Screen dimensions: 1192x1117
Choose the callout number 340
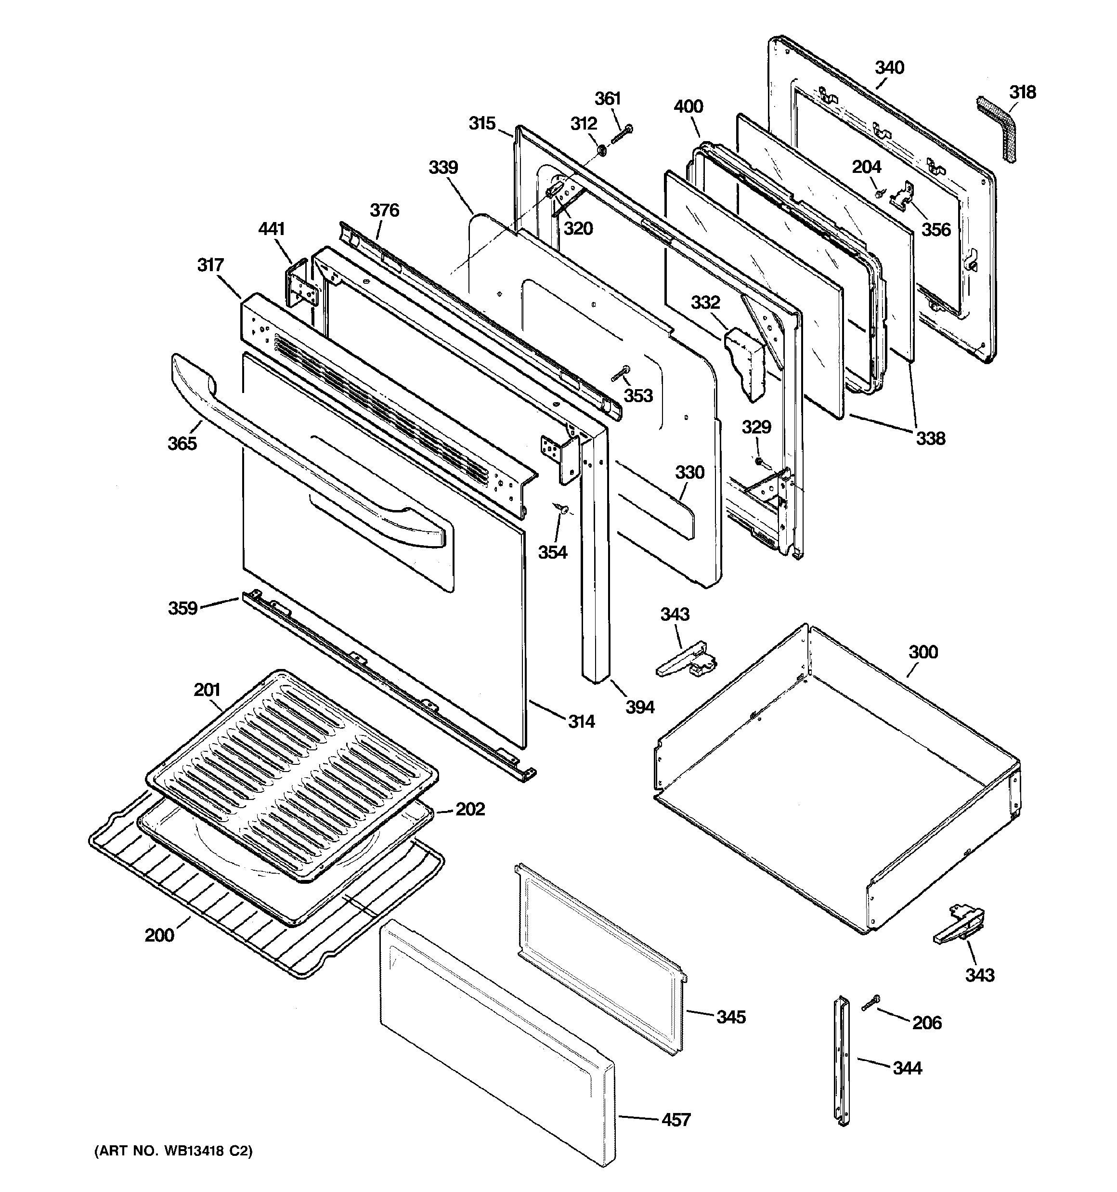point(889,68)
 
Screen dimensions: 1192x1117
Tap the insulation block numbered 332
point(744,363)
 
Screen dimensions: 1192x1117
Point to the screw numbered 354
point(562,509)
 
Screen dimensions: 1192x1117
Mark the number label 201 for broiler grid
point(207,690)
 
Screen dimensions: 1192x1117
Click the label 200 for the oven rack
point(159,935)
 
